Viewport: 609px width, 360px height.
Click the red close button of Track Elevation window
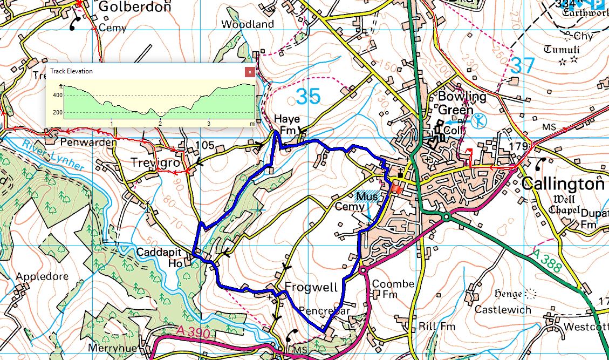coord(249,71)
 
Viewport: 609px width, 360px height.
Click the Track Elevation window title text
coord(71,71)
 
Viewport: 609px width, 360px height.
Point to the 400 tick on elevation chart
coord(58,95)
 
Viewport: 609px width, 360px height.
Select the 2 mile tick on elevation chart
coord(160,124)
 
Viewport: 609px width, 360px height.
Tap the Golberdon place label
coord(134,7)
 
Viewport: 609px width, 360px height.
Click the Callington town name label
coord(563,184)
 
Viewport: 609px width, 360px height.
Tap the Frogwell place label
coord(311,286)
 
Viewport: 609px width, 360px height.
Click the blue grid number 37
coord(522,66)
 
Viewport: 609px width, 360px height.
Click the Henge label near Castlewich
coord(507,294)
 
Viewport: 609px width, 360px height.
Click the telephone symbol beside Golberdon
coord(76,23)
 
